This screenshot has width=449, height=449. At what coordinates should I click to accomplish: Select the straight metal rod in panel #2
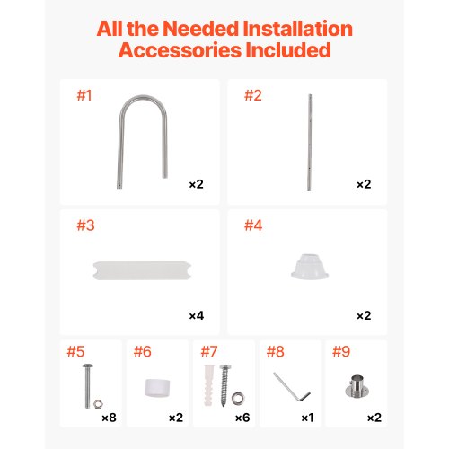click(310, 143)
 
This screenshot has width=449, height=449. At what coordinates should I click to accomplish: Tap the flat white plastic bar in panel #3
click(142, 270)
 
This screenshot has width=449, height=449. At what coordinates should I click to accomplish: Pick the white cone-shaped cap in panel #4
click(310, 267)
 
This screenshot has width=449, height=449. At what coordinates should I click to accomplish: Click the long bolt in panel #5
click(87, 386)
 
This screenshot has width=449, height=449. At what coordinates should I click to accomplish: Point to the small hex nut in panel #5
click(98, 404)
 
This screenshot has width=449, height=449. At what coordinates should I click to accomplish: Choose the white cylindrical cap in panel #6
click(157, 388)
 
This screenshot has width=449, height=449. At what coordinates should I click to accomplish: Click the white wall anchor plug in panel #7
click(209, 385)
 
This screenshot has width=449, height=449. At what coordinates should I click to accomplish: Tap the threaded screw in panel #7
click(224, 385)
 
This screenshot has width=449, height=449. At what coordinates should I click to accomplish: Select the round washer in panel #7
click(238, 399)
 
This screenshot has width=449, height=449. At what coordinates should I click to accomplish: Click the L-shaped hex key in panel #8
click(292, 387)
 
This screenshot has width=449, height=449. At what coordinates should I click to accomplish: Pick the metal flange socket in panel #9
click(357, 386)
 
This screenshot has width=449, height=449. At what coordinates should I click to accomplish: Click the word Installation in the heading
click(297, 29)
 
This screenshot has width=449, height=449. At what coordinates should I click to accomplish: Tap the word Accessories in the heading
click(180, 50)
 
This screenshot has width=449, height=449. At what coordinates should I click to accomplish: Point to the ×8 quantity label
click(109, 418)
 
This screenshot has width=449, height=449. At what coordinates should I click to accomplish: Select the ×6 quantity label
click(242, 418)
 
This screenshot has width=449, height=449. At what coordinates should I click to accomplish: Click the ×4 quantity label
click(197, 315)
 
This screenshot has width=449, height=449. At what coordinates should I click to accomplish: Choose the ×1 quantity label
click(307, 418)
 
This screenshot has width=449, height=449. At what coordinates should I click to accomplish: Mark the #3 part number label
click(85, 225)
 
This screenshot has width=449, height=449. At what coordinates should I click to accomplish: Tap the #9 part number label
click(341, 351)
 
